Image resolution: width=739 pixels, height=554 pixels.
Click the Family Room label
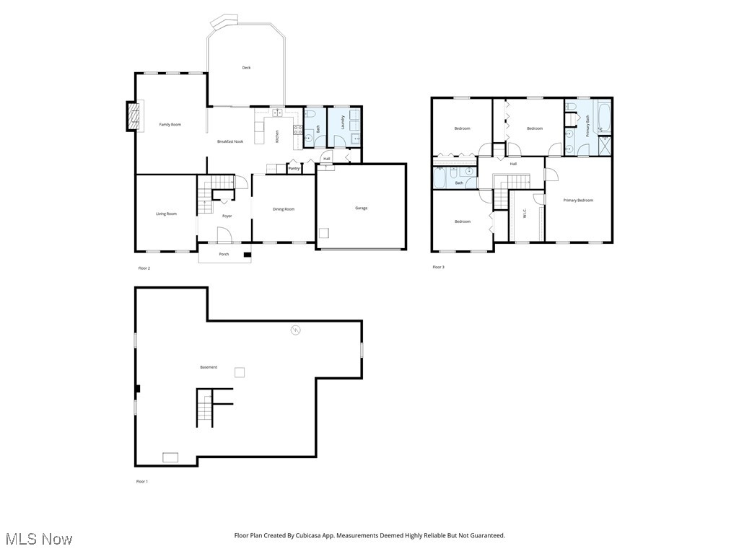(x=170, y=125)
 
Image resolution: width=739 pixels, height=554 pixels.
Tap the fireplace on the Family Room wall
(x=132, y=116)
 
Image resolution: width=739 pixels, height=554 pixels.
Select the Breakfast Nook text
(x=230, y=141)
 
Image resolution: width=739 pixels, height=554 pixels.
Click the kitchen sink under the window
(x=277, y=113)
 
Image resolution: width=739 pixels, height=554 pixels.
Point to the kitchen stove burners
(x=296, y=130)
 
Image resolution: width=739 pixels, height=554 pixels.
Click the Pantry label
(x=294, y=169)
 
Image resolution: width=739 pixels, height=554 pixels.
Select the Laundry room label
(x=343, y=122)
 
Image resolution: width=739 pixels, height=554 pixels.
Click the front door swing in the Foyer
(x=224, y=234)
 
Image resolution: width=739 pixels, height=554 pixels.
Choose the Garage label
(x=361, y=208)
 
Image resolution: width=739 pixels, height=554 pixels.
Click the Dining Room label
(x=284, y=209)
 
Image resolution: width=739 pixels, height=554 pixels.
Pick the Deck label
(x=246, y=68)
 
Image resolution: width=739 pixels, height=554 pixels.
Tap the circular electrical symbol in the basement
(x=295, y=330)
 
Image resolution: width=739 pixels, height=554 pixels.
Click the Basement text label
(x=209, y=367)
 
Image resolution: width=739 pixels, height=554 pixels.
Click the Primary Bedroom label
(x=578, y=200)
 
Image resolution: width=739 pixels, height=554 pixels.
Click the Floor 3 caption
(x=438, y=267)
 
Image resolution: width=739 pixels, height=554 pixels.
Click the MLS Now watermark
(x=39, y=539)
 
